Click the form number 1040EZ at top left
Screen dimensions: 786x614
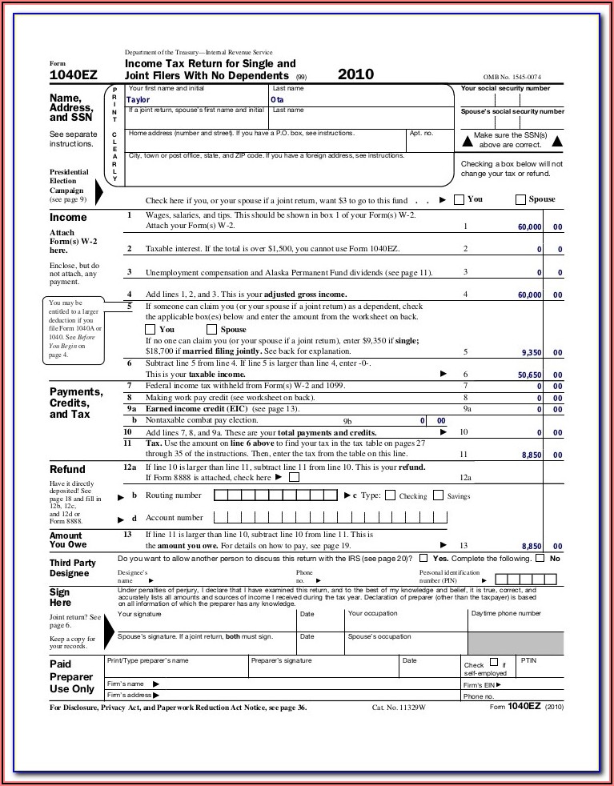click(x=74, y=75)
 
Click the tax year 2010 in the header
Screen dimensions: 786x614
click(x=355, y=74)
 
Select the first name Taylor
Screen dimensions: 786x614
click(x=138, y=100)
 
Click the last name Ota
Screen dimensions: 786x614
click(x=278, y=100)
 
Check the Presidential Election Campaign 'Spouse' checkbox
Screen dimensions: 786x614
click(x=521, y=199)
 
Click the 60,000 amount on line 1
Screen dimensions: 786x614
click(x=529, y=227)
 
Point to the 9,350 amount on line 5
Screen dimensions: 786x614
click(x=532, y=352)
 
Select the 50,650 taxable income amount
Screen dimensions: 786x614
click(x=529, y=374)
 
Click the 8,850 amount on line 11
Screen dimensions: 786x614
click(x=532, y=455)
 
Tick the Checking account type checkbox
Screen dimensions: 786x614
click(x=391, y=495)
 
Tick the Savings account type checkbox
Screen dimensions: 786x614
click(x=438, y=495)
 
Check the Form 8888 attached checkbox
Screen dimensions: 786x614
click(x=294, y=477)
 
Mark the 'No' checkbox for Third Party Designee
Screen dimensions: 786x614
click(x=540, y=558)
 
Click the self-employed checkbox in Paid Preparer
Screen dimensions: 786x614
click(x=493, y=664)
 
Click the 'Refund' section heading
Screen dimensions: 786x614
click(x=67, y=469)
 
